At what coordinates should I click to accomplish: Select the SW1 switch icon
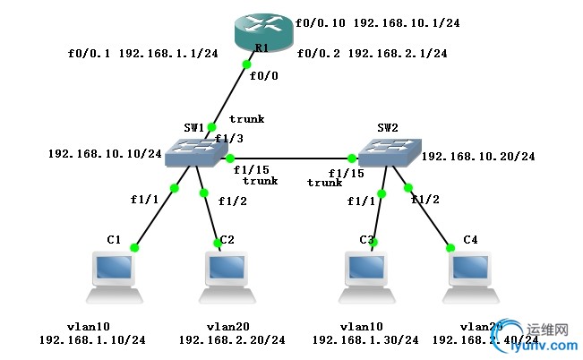194,154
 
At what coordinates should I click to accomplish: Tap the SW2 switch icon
387,153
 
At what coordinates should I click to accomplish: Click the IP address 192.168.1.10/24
92,340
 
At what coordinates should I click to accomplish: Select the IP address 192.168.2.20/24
232,340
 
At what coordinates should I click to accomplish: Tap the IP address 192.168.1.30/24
365,340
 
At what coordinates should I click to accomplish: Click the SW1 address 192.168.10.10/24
105,154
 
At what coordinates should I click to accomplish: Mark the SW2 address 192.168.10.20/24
478,157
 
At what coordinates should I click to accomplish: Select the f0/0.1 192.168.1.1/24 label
143,54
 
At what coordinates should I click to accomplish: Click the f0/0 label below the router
264,76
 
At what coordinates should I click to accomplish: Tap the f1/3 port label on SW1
229,139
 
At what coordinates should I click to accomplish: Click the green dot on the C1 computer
135,248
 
